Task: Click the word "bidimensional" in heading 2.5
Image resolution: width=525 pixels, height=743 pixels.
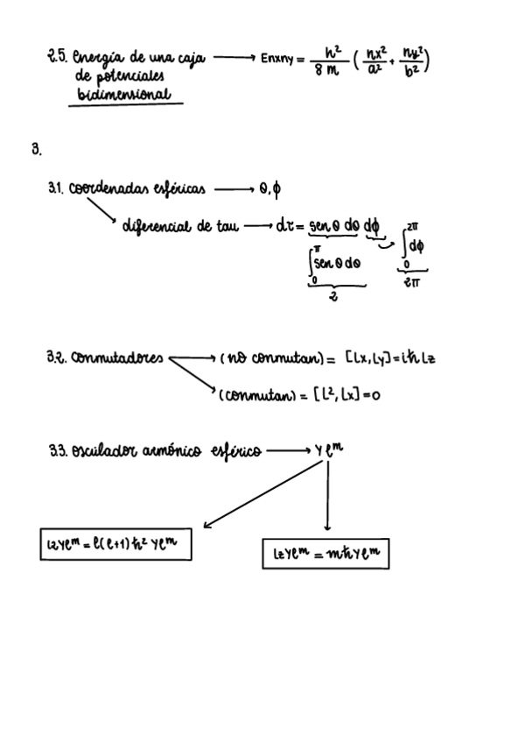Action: point(126,94)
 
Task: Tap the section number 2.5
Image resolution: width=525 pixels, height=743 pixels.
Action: point(59,59)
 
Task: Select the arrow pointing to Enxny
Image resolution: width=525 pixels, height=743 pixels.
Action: point(233,58)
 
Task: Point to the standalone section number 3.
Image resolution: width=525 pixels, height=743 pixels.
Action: point(36,150)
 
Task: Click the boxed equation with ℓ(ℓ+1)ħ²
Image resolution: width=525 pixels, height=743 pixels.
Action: point(116,544)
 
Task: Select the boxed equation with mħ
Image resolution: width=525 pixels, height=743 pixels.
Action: point(325,554)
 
